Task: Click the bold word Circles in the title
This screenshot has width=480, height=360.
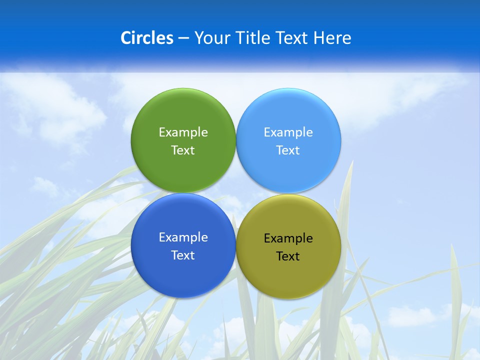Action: pyautogui.click(x=147, y=38)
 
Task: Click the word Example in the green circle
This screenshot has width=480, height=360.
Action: pyautogui.click(x=183, y=132)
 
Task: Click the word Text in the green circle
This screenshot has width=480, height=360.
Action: pyautogui.click(x=183, y=150)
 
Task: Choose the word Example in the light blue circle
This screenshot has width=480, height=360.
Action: pyautogui.click(x=288, y=132)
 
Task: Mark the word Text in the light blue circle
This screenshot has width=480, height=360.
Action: pyautogui.click(x=288, y=150)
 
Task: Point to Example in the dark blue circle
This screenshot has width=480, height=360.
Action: pyautogui.click(x=183, y=237)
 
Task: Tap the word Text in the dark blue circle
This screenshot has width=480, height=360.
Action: pyautogui.click(x=183, y=255)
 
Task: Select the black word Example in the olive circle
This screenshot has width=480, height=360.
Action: pyautogui.click(x=288, y=238)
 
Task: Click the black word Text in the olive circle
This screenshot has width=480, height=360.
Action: pyautogui.click(x=288, y=256)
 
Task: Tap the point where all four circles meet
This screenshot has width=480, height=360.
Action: pyautogui.click(x=235, y=193)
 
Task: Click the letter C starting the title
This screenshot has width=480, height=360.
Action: pyautogui.click(x=125, y=38)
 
